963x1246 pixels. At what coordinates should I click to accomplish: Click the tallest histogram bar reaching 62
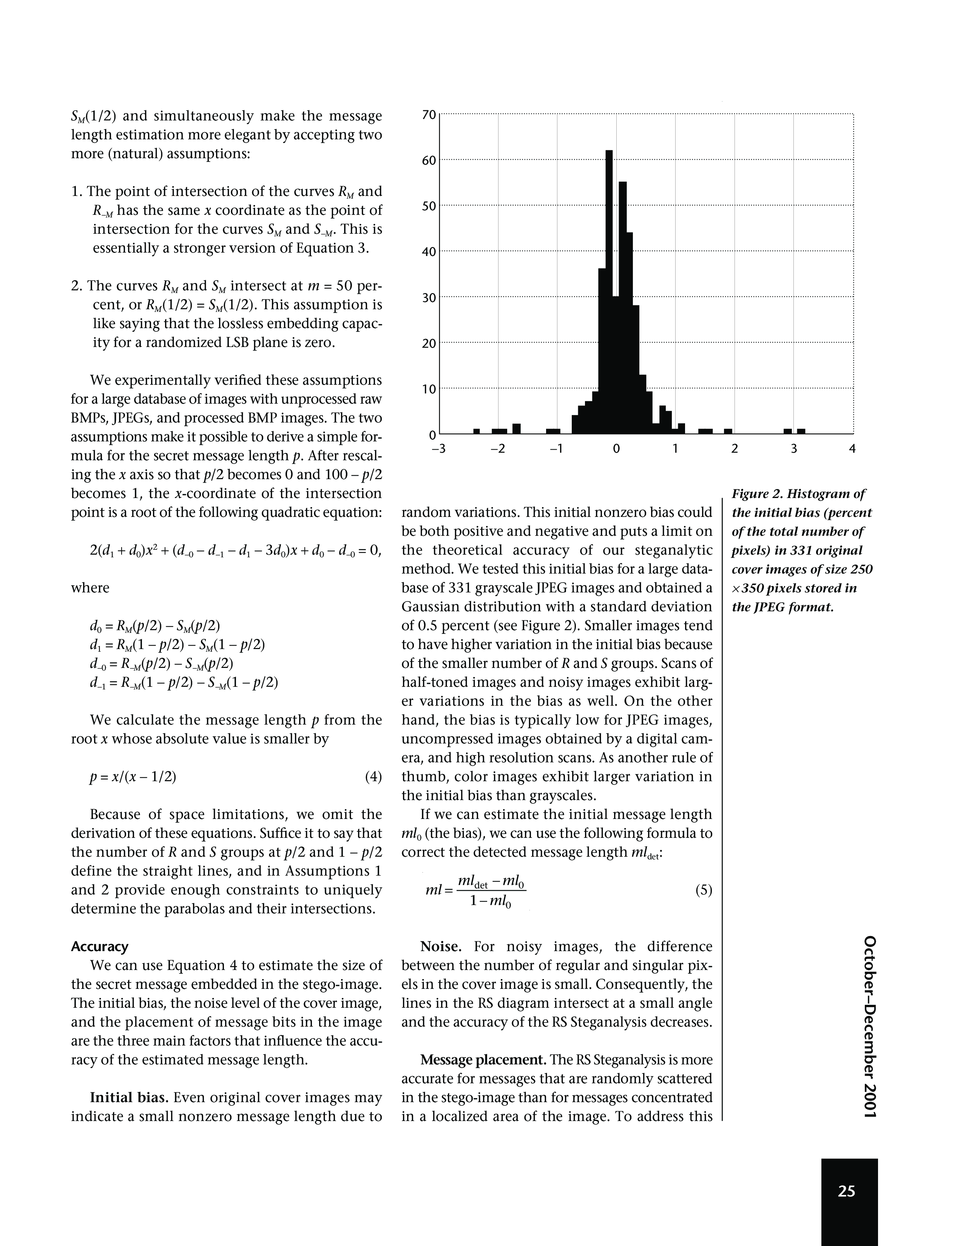pyautogui.click(x=609, y=291)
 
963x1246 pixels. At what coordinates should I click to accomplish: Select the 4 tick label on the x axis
pyautogui.click(x=852, y=449)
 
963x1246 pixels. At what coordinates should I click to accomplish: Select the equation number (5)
pyautogui.click(x=704, y=890)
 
